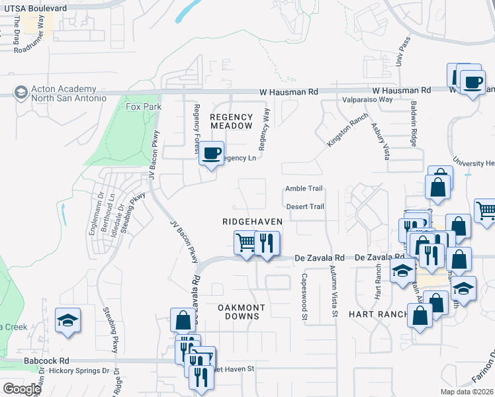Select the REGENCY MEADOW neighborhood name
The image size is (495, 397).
231,120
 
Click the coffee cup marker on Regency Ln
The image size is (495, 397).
211,154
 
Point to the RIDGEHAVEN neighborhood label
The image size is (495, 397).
252,222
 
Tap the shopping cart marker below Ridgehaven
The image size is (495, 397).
246,243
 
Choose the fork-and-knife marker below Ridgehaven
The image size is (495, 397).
267,243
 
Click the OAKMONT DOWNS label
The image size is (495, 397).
242,312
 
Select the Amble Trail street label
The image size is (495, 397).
303,189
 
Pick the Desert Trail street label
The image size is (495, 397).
304,206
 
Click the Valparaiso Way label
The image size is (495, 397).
367,99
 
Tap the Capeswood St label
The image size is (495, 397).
305,298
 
